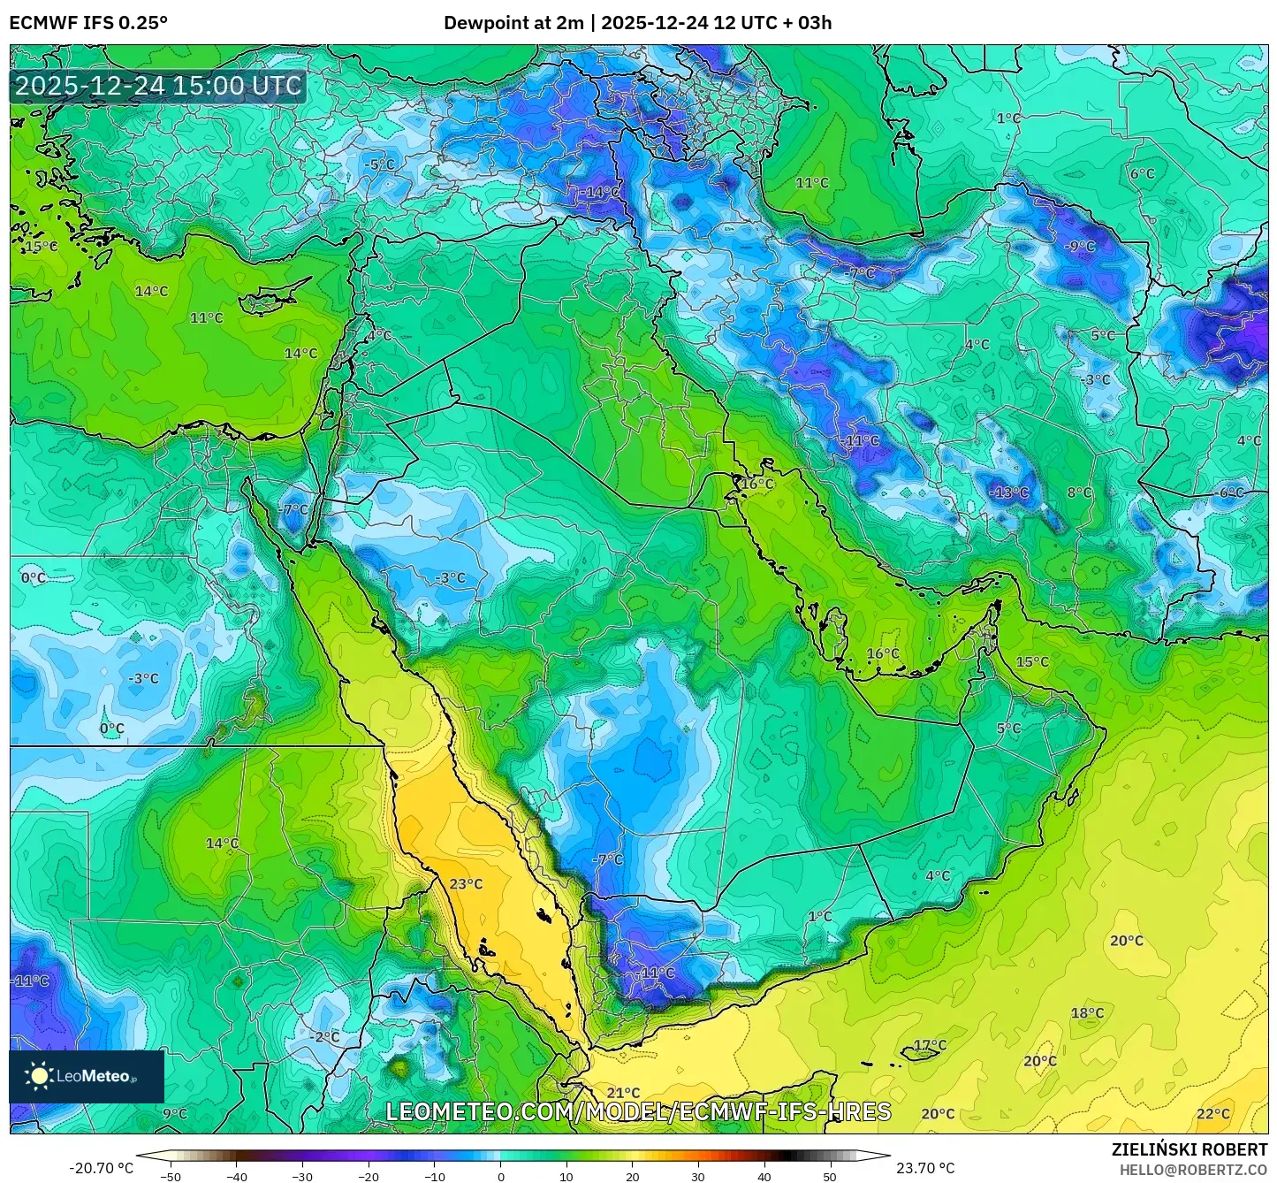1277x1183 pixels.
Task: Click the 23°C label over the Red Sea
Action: point(466,884)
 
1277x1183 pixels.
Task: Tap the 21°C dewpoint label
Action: point(623,1093)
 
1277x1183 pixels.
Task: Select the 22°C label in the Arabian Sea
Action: point(1212,1114)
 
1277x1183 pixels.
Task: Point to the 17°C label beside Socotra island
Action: point(930,1045)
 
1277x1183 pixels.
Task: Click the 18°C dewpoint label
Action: point(1087,1013)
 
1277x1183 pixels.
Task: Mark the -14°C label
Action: point(601,192)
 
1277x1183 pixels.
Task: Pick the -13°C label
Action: point(1008,492)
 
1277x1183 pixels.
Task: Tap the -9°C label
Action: point(1080,247)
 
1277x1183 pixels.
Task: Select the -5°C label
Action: point(380,165)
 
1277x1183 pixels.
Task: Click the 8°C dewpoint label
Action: point(1079,492)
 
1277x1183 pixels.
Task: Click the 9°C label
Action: point(175,1114)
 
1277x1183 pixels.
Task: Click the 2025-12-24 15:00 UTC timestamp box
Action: point(158,87)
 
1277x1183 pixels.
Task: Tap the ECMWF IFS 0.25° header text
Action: point(88,23)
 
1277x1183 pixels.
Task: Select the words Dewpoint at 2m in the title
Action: point(513,23)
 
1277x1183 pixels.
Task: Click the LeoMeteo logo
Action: point(87,1076)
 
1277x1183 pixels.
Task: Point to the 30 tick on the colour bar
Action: point(698,1176)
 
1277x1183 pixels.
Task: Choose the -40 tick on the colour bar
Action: point(236,1176)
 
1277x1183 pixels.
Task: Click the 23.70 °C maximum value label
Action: point(925,1168)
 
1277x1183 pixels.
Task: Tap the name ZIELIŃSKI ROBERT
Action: point(1189,1149)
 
